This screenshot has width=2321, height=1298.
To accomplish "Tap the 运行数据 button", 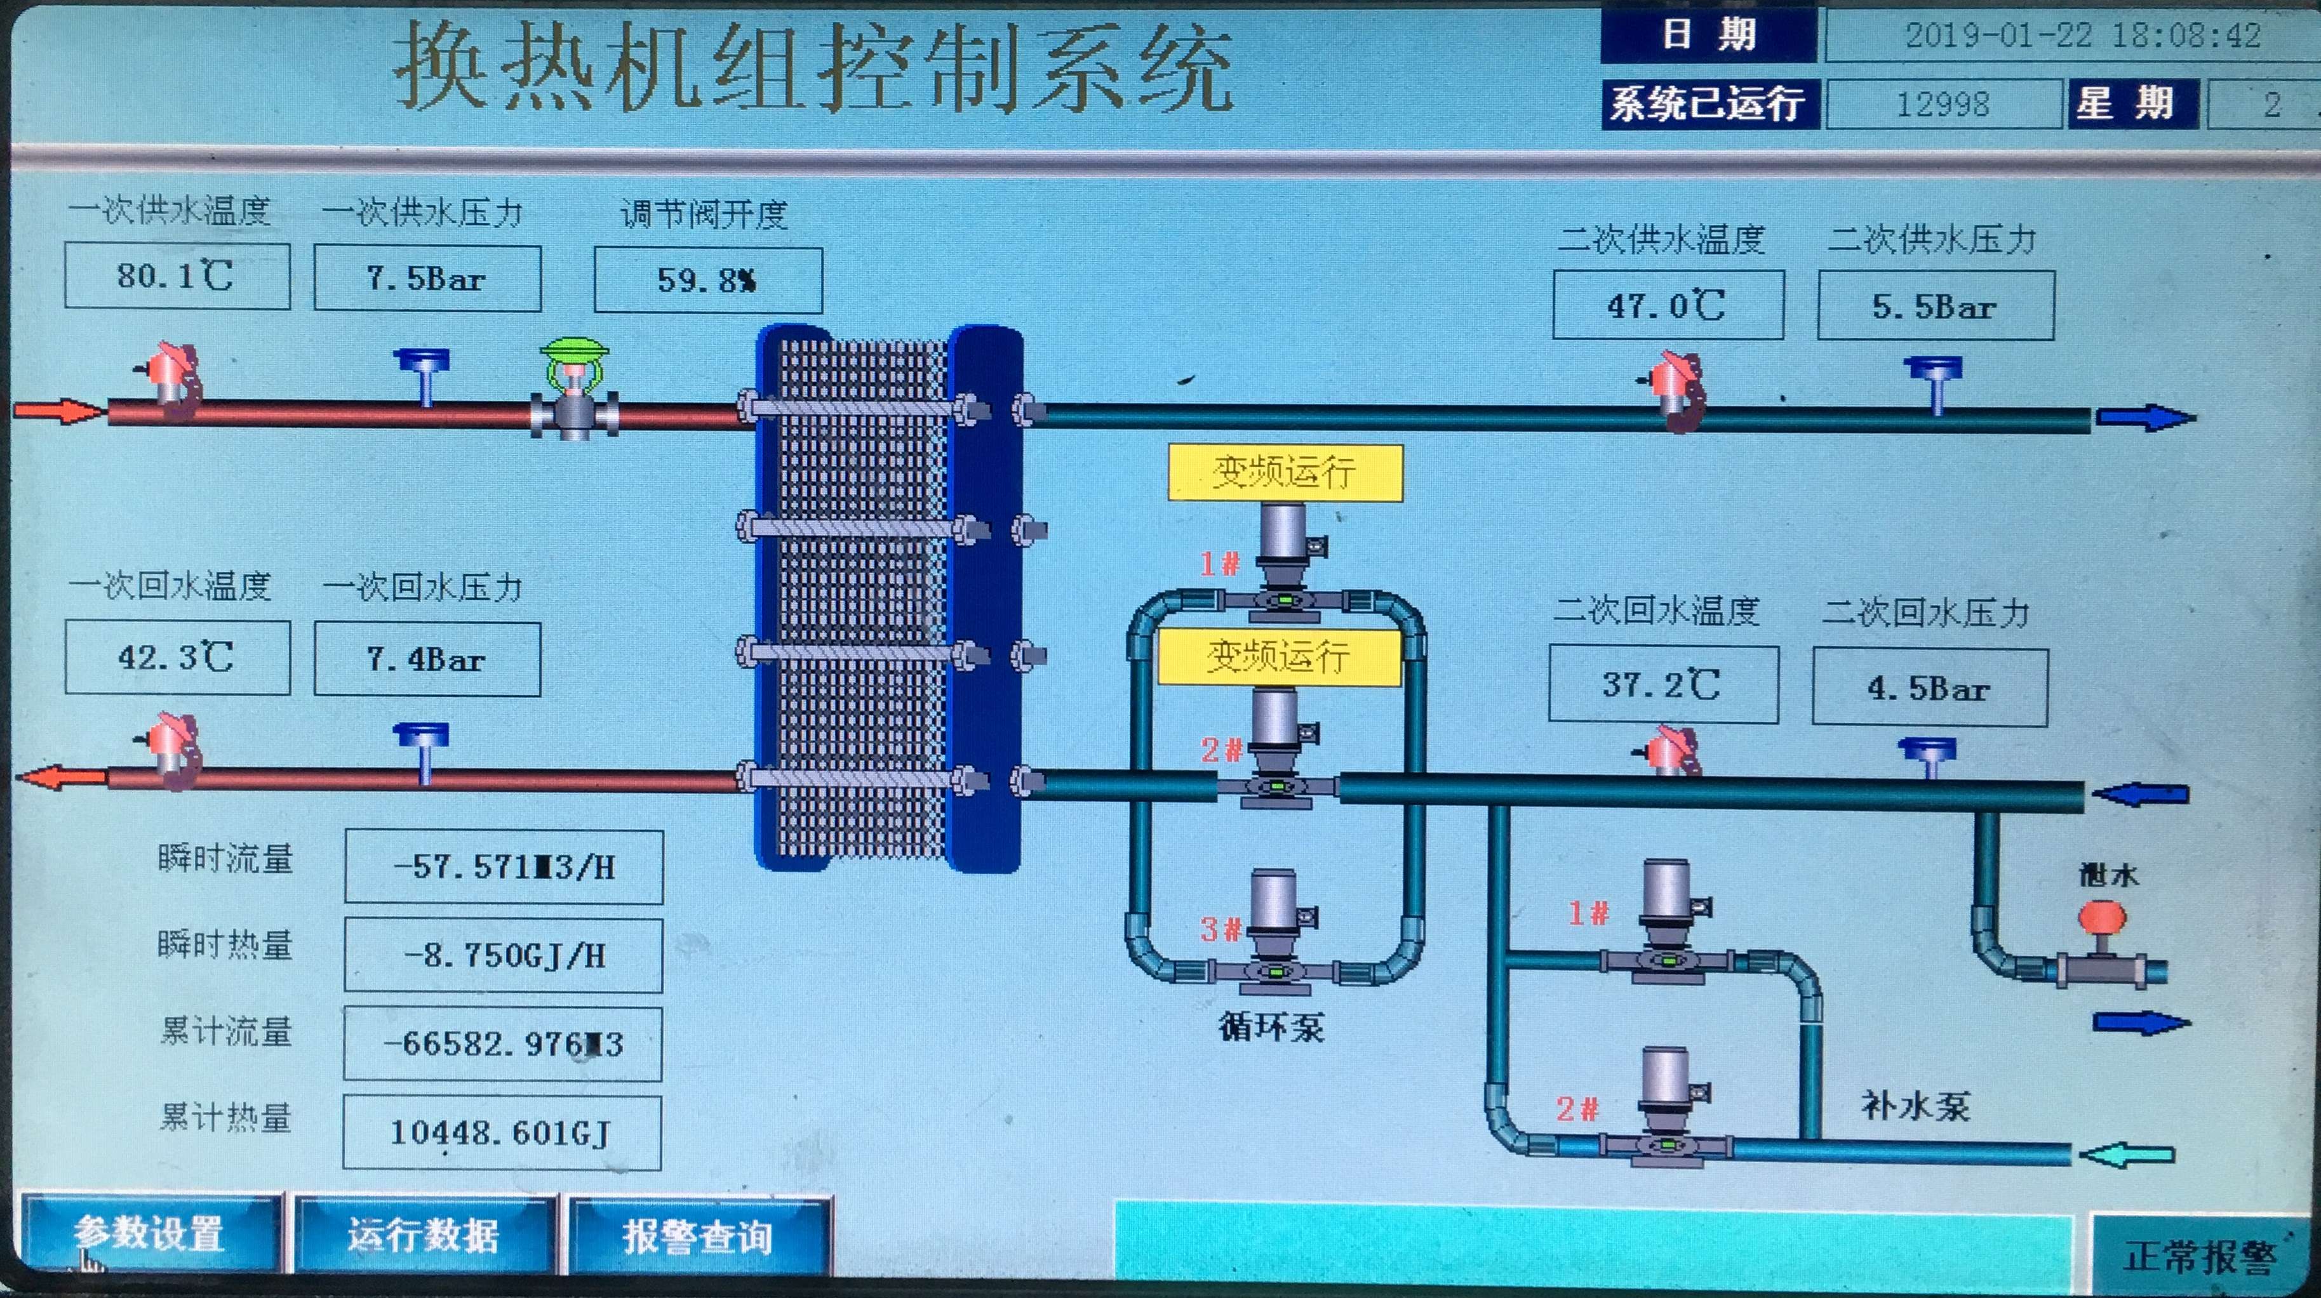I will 424,1235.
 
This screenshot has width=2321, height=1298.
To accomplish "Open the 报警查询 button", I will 697,1236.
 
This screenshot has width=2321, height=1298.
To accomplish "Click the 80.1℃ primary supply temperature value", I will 177,275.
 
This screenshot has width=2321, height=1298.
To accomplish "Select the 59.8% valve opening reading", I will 707,280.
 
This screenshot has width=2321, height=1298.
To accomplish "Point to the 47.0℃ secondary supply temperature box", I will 1667,305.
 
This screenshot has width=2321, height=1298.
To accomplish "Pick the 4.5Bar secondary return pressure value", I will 1929,688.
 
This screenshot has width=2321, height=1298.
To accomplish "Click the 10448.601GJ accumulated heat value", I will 501,1132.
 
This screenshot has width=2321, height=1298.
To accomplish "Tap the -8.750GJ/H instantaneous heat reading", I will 503,955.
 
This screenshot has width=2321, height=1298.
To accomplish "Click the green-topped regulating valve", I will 574,387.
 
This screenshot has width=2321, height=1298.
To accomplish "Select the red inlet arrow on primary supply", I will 58,412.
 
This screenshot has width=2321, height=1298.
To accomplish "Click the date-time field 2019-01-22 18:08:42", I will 2082,35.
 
